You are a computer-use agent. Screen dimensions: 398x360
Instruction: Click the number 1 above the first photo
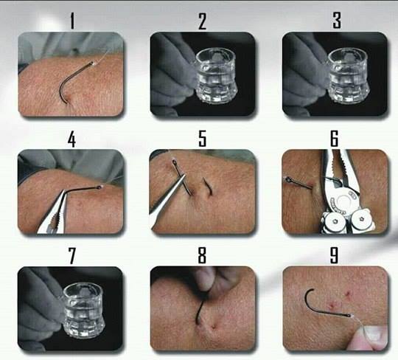point(72,21)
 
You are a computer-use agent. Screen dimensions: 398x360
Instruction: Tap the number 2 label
point(202,21)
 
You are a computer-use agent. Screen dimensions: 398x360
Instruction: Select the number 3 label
point(337,21)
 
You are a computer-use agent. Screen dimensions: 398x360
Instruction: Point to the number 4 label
point(71,139)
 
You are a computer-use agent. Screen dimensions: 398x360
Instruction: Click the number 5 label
point(202,139)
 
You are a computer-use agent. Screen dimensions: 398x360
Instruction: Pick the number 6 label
point(335,139)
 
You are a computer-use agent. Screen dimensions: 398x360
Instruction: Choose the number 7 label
point(72,256)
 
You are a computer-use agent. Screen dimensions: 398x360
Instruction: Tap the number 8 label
point(202,255)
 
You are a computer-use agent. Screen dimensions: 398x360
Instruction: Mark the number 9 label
point(334,255)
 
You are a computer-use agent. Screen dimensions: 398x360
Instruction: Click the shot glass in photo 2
point(216,75)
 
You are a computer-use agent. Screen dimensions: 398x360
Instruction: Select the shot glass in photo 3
point(348,75)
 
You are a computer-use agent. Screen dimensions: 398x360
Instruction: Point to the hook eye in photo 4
point(99,187)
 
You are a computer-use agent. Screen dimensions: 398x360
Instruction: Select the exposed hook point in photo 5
point(207,186)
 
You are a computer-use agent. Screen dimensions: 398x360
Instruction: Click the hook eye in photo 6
point(289,179)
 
